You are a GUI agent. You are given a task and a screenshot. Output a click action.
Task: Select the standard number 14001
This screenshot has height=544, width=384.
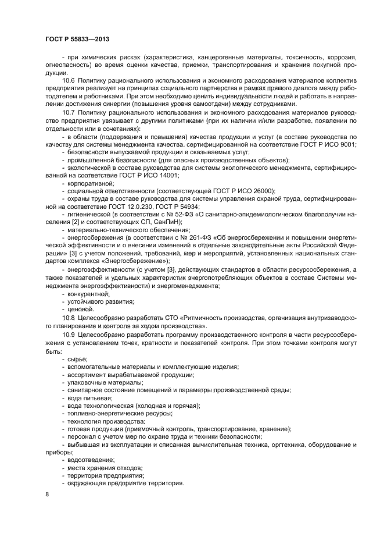(168, 175)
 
